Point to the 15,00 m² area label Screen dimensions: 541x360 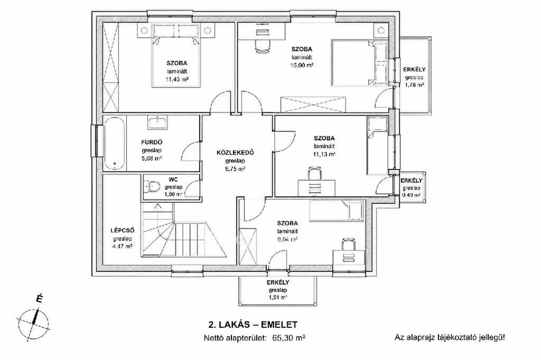pos(302,65)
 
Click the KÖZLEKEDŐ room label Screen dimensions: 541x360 pos(235,153)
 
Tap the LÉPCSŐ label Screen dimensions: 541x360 pos(122,230)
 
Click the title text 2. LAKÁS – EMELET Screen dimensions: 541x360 pos(253,325)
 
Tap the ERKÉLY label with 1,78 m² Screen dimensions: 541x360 pos(414,69)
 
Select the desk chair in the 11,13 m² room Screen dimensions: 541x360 pos(315,173)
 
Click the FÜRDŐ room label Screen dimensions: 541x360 pos(152,142)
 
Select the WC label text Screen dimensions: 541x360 pos(173,179)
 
